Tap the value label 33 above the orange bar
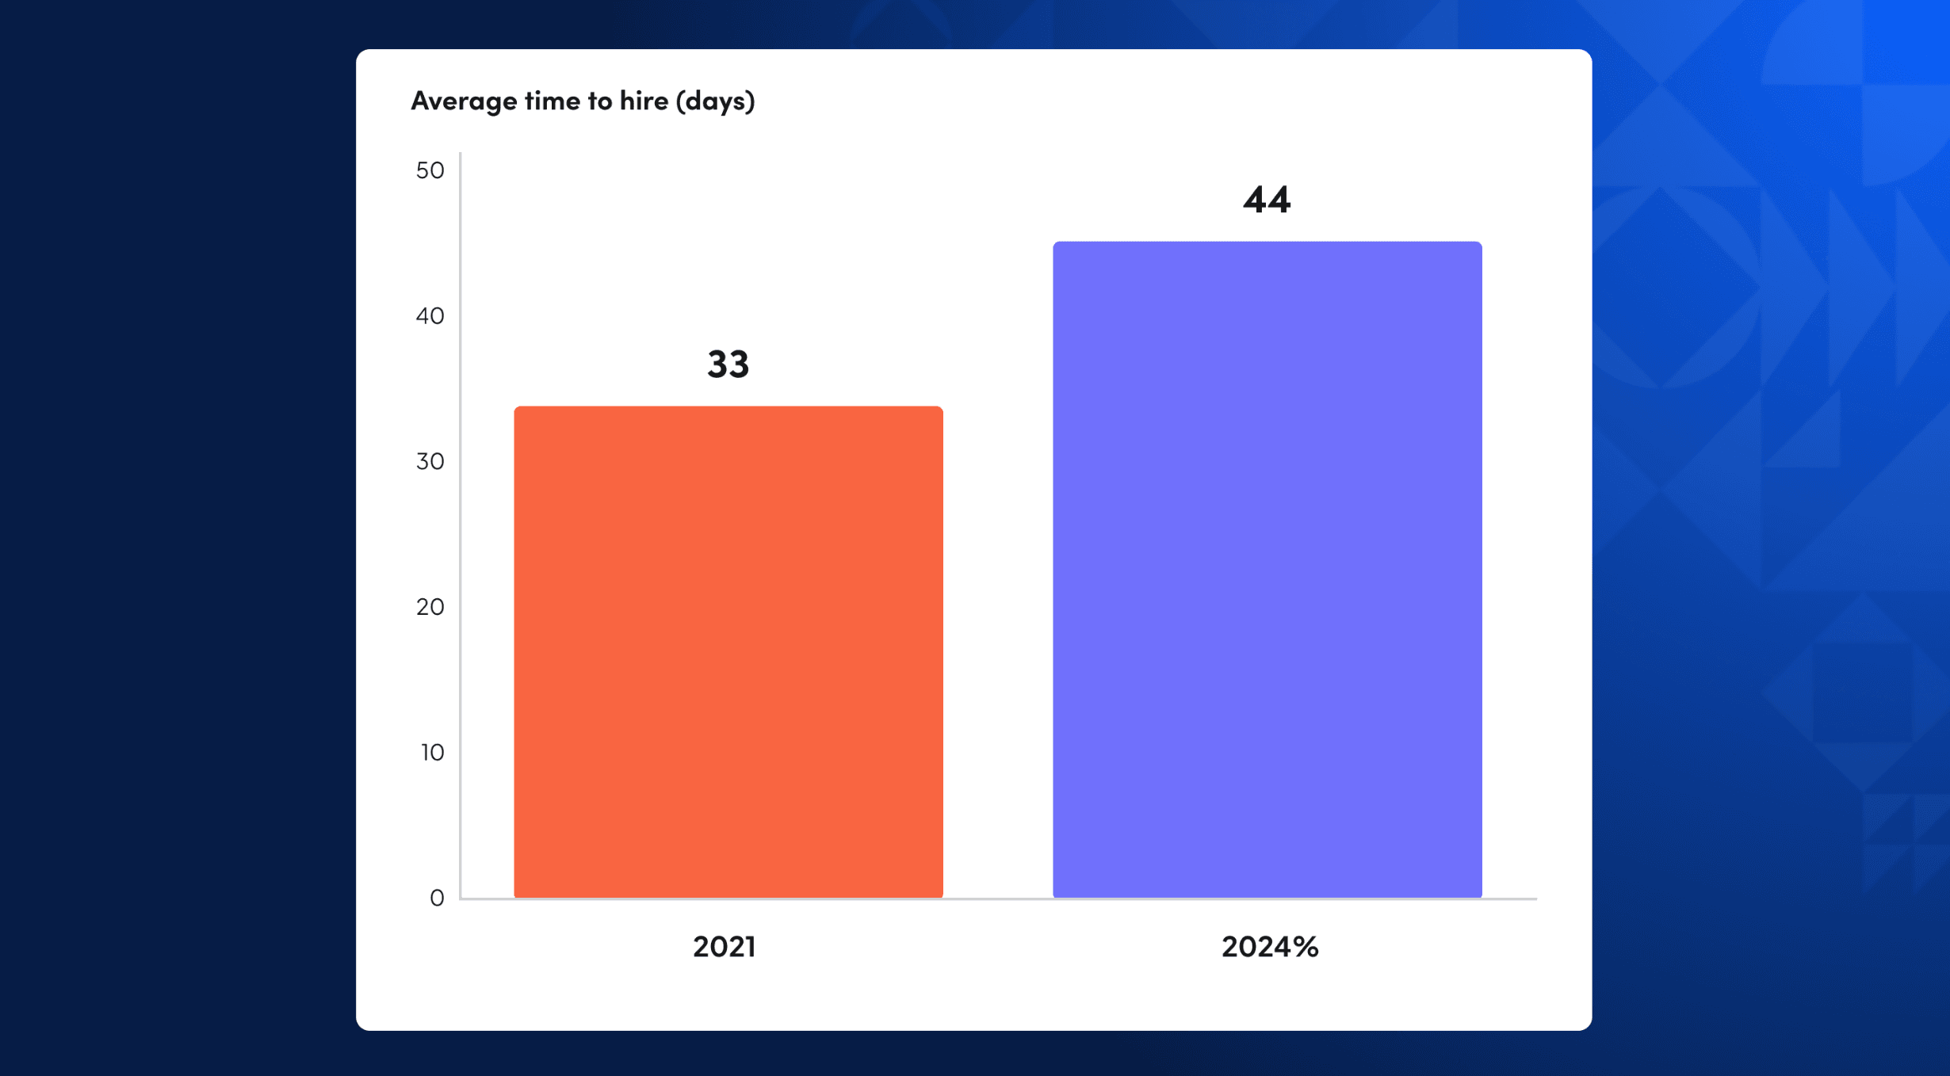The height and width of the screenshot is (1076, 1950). (x=728, y=364)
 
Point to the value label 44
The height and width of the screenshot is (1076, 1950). (x=1267, y=200)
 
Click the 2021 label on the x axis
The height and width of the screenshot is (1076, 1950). (x=724, y=946)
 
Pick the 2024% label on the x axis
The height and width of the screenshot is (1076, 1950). (x=1269, y=946)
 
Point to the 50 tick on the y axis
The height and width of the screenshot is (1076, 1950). (x=430, y=170)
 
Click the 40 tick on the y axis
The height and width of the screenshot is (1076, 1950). (x=430, y=316)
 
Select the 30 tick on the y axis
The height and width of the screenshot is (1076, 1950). (x=430, y=461)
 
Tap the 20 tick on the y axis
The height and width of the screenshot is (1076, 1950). (x=430, y=607)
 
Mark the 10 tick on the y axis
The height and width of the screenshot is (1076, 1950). (x=432, y=752)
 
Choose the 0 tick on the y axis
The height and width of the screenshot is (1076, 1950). (x=437, y=898)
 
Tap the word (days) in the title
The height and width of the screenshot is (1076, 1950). (x=715, y=101)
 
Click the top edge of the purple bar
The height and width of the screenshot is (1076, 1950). (x=1267, y=243)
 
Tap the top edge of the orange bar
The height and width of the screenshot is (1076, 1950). (x=728, y=408)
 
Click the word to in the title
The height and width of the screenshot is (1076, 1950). (x=599, y=101)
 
